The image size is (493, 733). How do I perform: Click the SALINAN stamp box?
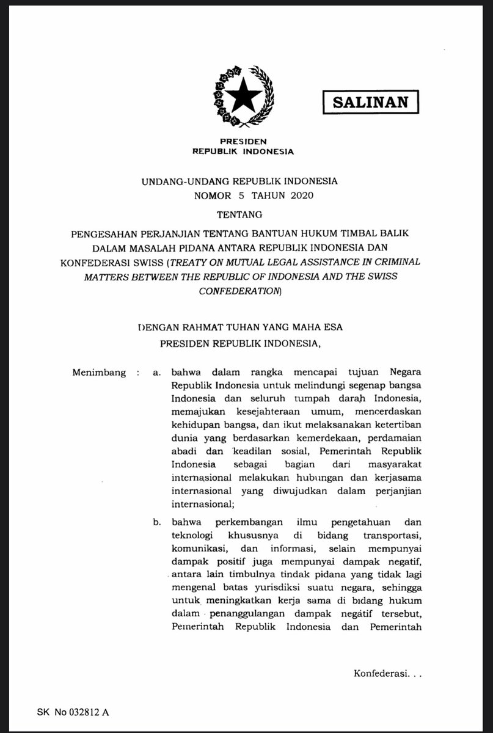click(x=370, y=101)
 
